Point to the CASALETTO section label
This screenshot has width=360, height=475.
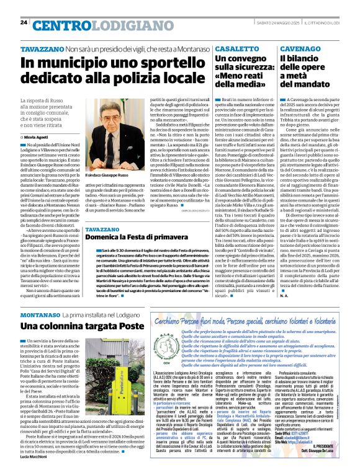tap(233, 47)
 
